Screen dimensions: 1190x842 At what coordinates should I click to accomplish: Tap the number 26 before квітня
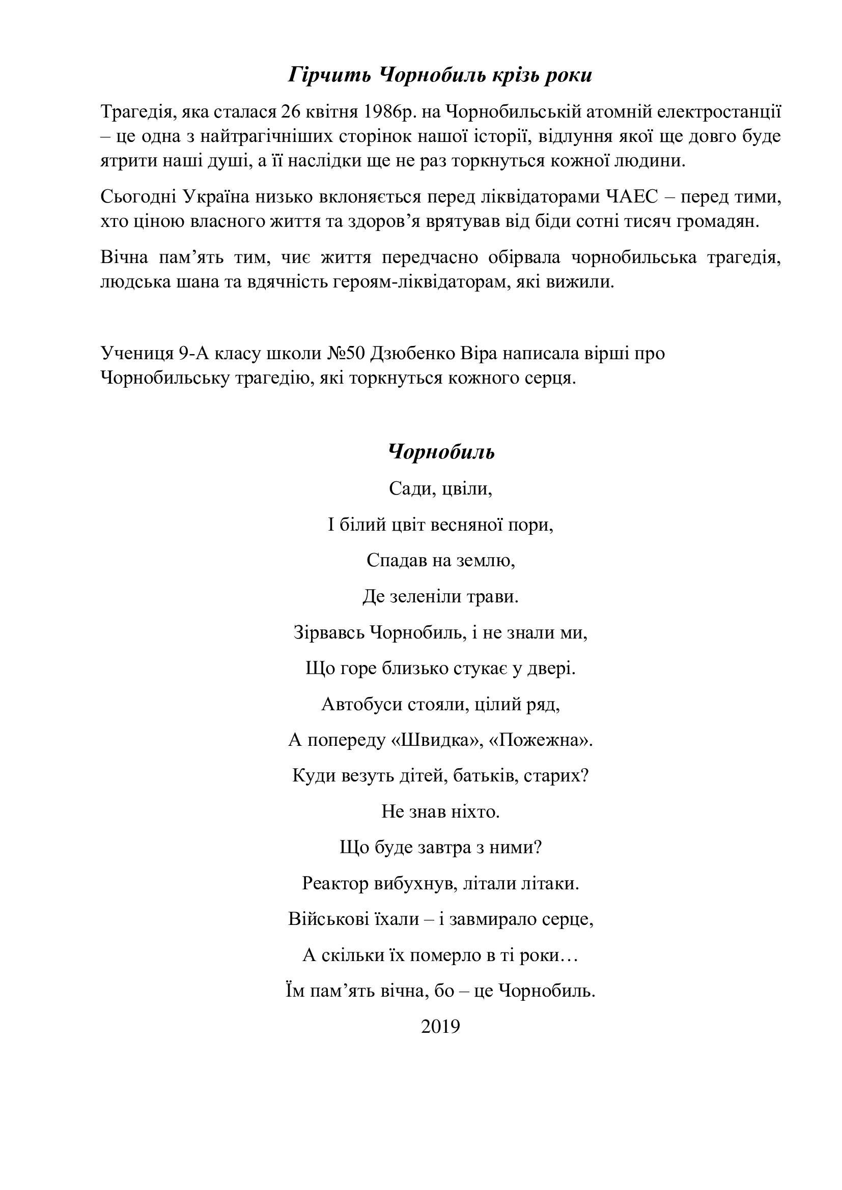point(291,112)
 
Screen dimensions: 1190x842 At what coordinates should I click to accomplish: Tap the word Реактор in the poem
point(334,884)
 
